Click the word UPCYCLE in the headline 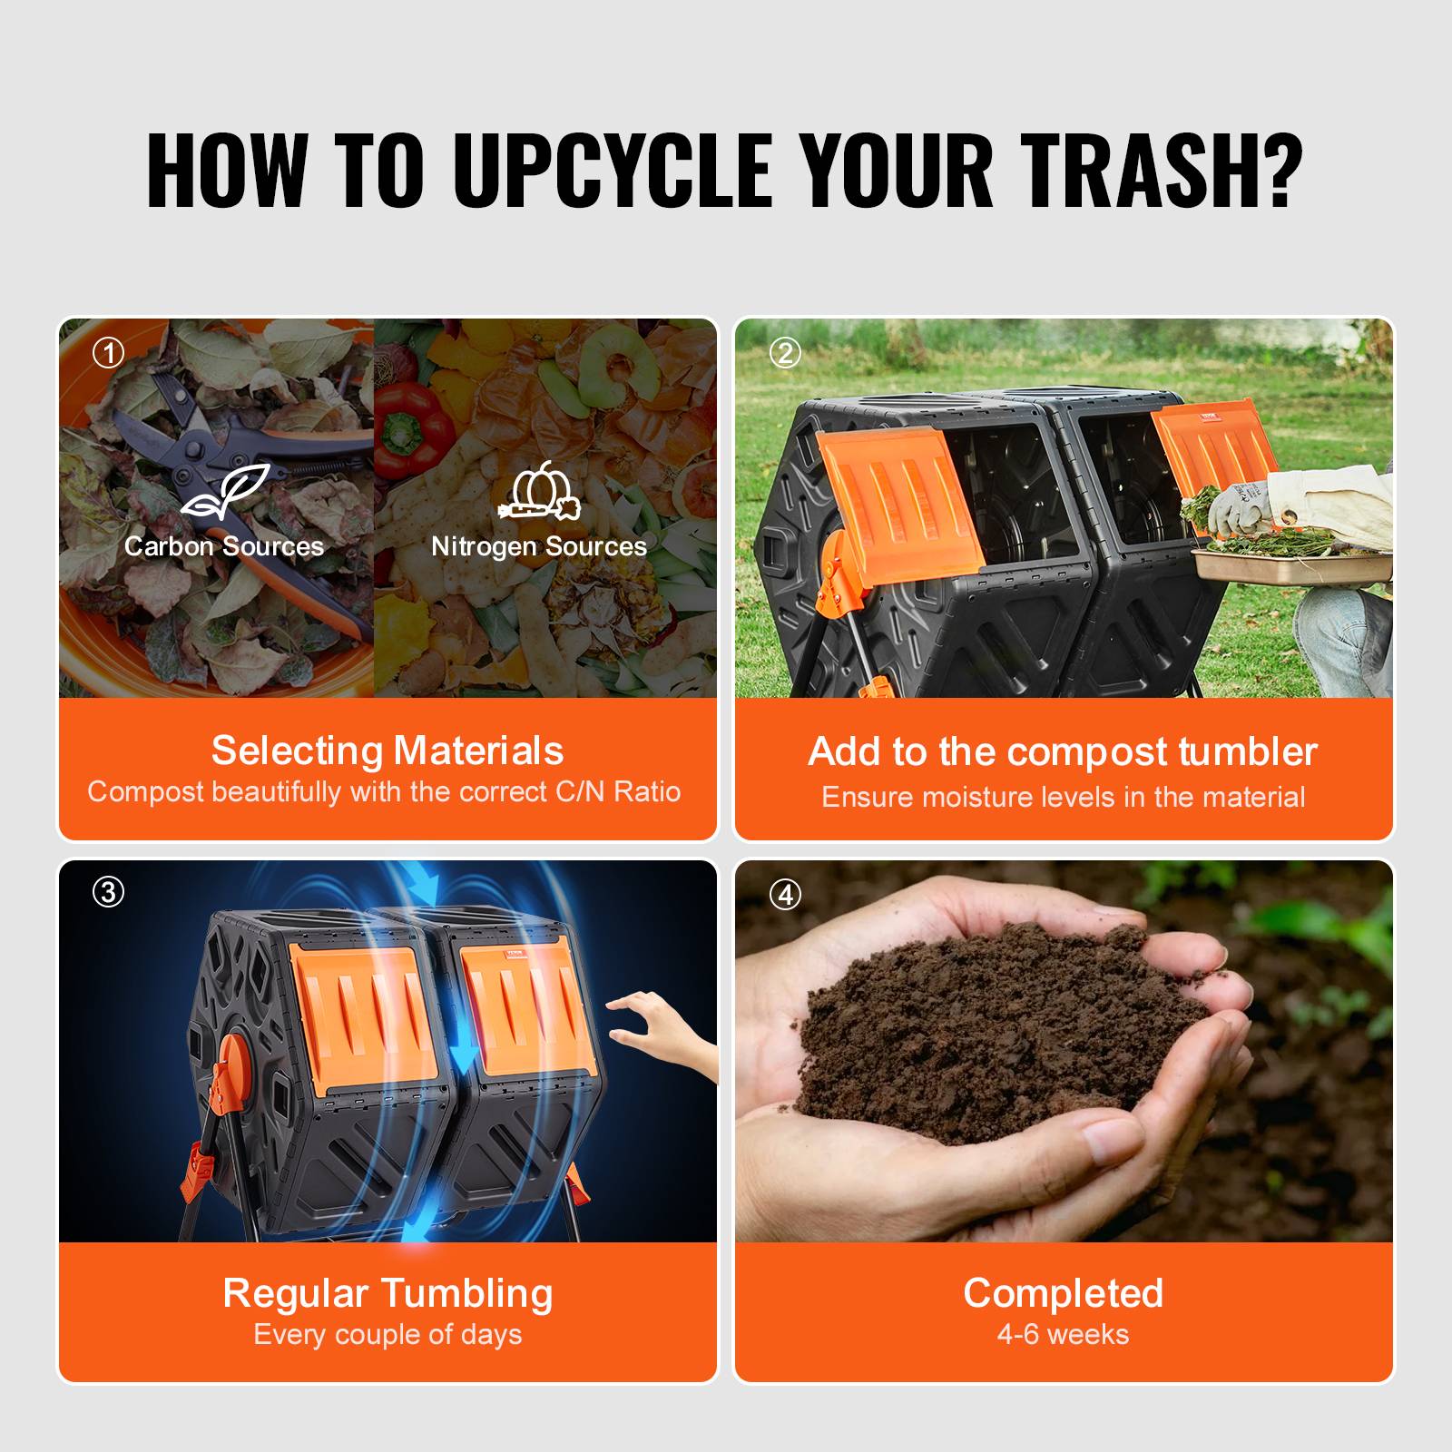(613, 170)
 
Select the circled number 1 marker (109, 353)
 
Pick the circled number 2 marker (785, 353)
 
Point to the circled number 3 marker (109, 893)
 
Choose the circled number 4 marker (785, 896)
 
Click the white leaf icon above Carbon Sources (225, 494)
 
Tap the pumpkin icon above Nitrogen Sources (539, 492)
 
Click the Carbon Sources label (224, 546)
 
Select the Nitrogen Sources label (539, 546)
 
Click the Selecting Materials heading (388, 751)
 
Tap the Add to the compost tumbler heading (1063, 752)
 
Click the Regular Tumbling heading (388, 1294)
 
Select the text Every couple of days (388, 1335)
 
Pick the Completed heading (1063, 1293)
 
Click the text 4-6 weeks (1063, 1335)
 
